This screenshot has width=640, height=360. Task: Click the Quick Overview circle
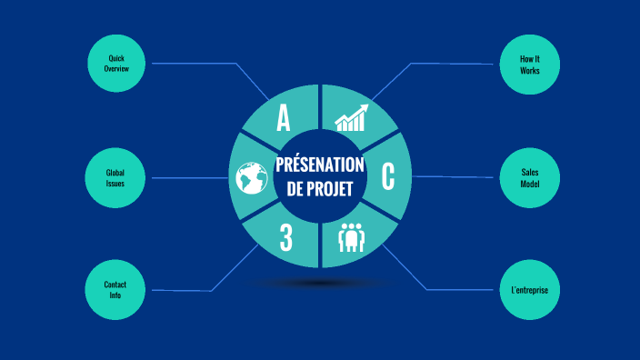[x=115, y=64]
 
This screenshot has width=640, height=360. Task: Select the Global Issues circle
[x=115, y=177]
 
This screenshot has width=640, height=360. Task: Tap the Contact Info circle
[x=115, y=290]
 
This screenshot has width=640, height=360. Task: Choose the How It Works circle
[x=530, y=64]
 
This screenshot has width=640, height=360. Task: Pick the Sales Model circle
[x=530, y=177]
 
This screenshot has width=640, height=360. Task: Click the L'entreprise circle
[x=530, y=290]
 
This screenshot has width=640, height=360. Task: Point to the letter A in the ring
[x=284, y=118]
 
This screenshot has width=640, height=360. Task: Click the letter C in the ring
[x=388, y=176]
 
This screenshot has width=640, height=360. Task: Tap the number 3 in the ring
[x=285, y=237]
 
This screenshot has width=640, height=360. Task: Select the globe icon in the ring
[x=249, y=178]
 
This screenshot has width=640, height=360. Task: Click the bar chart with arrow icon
[x=352, y=118]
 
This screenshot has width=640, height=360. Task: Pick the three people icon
[x=352, y=238]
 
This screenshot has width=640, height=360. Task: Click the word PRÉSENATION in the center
[x=320, y=165]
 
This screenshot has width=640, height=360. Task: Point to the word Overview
[x=115, y=69]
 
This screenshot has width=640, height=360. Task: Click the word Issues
[x=115, y=183]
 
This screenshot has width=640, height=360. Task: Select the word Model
[x=530, y=183]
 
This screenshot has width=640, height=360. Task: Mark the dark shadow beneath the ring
[x=320, y=284]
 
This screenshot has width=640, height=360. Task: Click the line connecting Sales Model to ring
[x=455, y=177]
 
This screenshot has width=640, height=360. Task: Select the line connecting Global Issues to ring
[x=186, y=178]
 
